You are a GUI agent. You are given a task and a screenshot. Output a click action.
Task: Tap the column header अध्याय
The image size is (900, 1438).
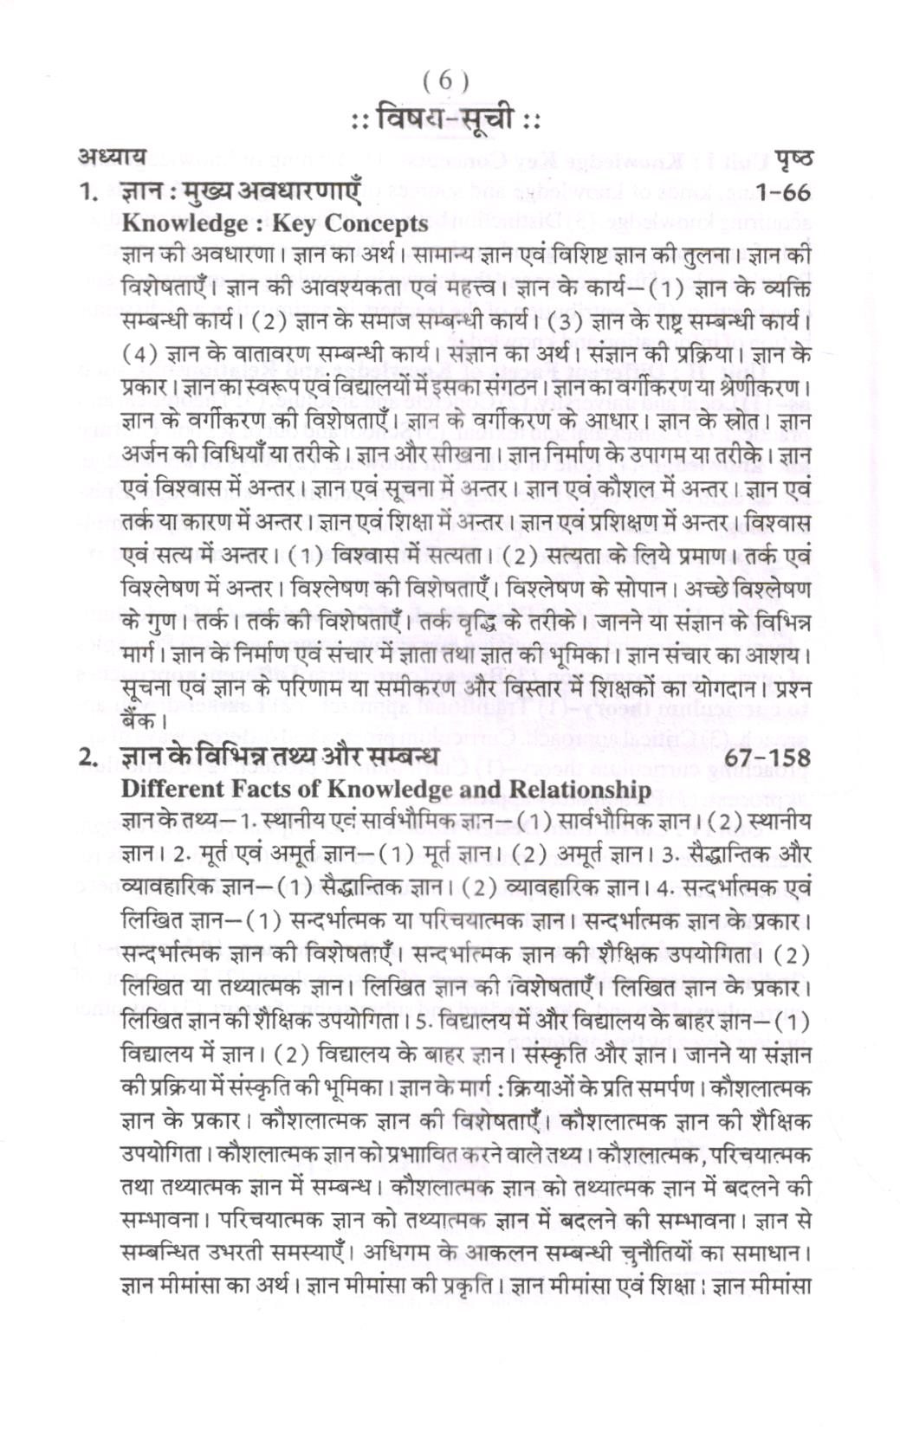point(110,157)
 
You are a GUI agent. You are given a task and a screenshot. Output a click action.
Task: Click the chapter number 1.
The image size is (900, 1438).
point(85,192)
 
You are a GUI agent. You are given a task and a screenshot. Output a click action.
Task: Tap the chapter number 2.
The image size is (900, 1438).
point(85,757)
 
